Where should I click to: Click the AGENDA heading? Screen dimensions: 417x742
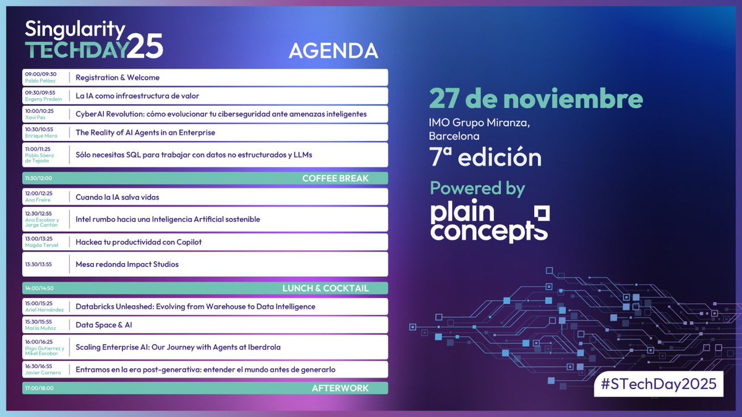pyautogui.click(x=333, y=49)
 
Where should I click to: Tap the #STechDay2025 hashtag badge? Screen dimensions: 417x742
pyautogui.click(x=658, y=384)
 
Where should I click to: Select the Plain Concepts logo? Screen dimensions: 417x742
pyautogui.click(x=489, y=222)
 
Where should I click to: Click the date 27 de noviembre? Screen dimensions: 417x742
pyautogui.click(x=536, y=99)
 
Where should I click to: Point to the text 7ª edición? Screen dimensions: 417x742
pyautogui.click(x=485, y=158)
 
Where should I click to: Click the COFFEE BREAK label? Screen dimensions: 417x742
pyautogui.click(x=335, y=179)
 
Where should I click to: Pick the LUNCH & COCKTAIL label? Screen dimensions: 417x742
pyautogui.click(x=325, y=289)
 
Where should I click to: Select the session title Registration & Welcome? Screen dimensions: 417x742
pyautogui.click(x=117, y=78)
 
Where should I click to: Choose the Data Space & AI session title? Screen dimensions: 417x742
pyautogui.click(x=104, y=325)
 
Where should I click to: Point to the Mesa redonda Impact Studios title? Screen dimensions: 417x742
pyautogui.click(x=127, y=264)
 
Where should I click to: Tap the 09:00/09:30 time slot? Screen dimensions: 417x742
pyautogui.click(x=40, y=74)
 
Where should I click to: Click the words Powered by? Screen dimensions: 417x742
pyautogui.click(x=477, y=188)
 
